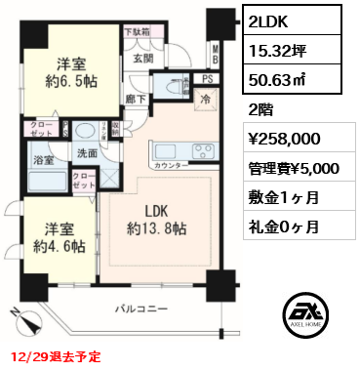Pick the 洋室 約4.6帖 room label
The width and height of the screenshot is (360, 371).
[x=51, y=239]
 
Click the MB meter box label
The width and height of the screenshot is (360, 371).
[x=217, y=53]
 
